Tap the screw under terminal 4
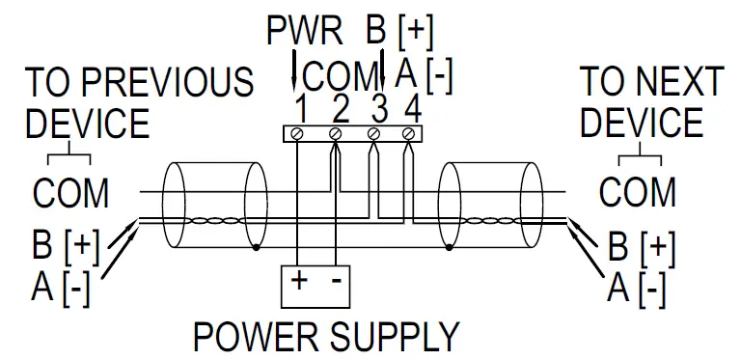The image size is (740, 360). coord(409,132)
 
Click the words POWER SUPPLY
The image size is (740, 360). coord(326,337)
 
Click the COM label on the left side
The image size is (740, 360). coord(70,193)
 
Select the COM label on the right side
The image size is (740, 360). coord(637,193)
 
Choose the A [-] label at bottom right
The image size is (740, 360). coord(637,287)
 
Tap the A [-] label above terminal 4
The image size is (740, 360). coord(424,76)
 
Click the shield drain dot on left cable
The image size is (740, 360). coord(255,248)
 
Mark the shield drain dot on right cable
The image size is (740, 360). coord(451,248)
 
